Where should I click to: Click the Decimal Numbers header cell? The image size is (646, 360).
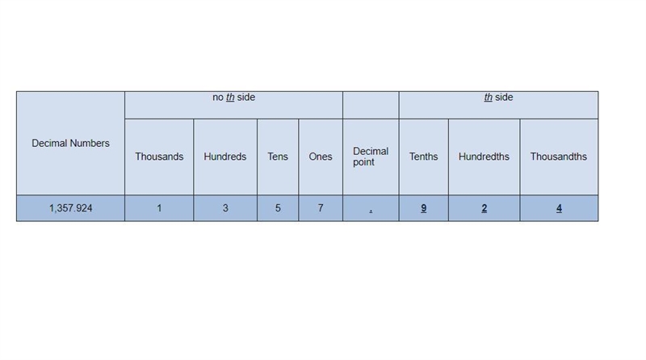pyautogui.click(x=70, y=144)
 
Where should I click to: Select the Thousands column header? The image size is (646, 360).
pyautogui.click(x=159, y=157)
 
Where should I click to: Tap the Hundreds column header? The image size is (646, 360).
pyautogui.click(x=225, y=157)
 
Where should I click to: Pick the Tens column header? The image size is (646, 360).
pyautogui.click(x=278, y=157)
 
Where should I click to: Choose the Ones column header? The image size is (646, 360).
pyautogui.click(x=321, y=157)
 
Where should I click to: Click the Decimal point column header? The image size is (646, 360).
pyautogui.click(x=371, y=157)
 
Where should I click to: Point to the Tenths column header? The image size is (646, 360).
pyautogui.click(x=423, y=157)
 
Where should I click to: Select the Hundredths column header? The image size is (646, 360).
pyautogui.click(x=484, y=157)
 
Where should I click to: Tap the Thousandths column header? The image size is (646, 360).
pyautogui.click(x=559, y=157)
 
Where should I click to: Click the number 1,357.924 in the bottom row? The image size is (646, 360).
pyautogui.click(x=70, y=208)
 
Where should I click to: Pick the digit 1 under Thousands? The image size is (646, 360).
pyautogui.click(x=159, y=208)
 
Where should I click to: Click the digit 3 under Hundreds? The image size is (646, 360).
pyautogui.click(x=225, y=208)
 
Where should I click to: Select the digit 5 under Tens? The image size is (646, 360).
pyautogui.click(x=278, y=208)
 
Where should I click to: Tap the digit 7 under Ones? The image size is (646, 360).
pyautogui.click(x=321, y=208)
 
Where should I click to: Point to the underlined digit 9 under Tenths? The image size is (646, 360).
pyautogui.click(x=423, y=208)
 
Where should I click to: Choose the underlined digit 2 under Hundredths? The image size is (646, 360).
pyautogui.click(x=484, y=208)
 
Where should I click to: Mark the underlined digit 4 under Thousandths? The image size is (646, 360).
pyautogui.click(x=559, y=208)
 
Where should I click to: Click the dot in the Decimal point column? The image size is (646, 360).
pyautogui.click(x=371, y=211)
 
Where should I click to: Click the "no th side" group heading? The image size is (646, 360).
pyautogui.click(x=233, y=97)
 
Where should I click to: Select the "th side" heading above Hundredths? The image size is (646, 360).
pyautogui.click(x=498, y=97)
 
